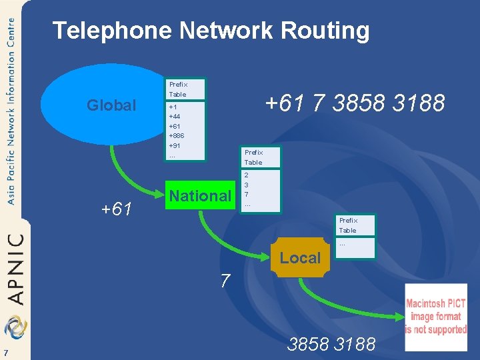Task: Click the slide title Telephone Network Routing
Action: click(211, 31)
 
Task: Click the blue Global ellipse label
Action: click(111, 105)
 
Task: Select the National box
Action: click(200, 196)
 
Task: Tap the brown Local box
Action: click(300, 258)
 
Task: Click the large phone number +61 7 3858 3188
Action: click(355, 103)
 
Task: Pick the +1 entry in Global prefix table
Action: click(173, 107)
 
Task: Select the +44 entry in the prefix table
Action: click(175, 116)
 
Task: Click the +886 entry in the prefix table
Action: click(176, 135)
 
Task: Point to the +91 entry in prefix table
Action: click(175, 145)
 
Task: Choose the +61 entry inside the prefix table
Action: click(175, 126)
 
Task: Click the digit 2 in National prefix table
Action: click(247, 175)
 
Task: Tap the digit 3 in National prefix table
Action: click(247, 185)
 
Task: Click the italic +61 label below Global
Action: click(118, 210)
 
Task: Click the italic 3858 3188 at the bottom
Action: click(331, 345)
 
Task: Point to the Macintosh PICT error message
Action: click(436, 317)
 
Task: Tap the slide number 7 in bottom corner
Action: click(5, 353)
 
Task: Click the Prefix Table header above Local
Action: click(348, 225)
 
